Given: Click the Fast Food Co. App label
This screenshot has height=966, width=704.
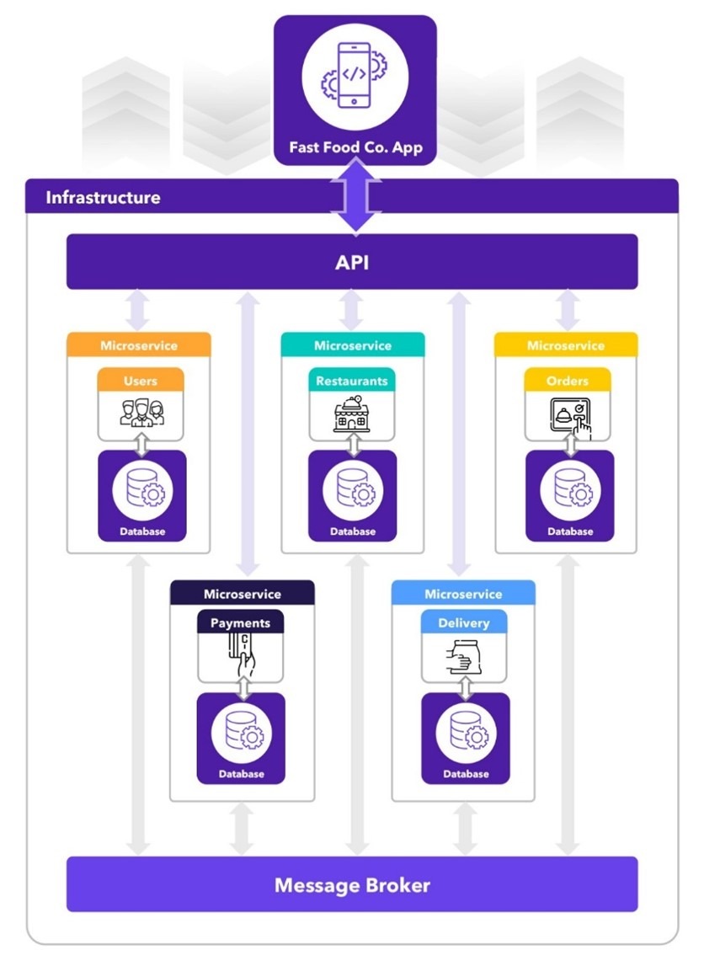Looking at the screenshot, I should click(355, 147).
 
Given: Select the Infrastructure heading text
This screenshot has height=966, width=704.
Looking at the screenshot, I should click(103, 198).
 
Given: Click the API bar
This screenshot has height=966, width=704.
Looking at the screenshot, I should click(352, 262).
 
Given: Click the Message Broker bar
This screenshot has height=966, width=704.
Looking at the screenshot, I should click(352, 885).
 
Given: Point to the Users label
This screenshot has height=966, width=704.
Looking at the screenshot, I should click(141, 381).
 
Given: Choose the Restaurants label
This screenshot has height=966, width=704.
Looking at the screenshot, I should click(352, 381).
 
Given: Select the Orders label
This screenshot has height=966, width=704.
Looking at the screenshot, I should click(568, 381).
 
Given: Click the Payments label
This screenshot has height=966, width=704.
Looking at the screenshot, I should click(241, 623).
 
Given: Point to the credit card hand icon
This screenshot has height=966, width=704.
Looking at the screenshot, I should click(241, 656).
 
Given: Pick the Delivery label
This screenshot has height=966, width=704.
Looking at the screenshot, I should click(464, 623).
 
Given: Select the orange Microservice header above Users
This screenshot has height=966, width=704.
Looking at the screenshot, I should click(139, 345).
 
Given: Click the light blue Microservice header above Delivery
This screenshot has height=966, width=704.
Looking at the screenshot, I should click(463, 594).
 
